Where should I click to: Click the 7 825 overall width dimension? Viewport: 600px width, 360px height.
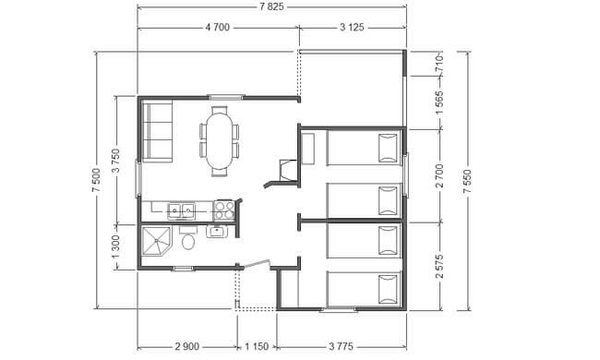point(271,6)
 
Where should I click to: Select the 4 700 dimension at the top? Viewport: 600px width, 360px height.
point(218,27)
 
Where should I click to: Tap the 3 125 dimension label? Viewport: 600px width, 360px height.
point(352,27)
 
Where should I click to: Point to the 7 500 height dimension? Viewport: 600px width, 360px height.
point(96,180)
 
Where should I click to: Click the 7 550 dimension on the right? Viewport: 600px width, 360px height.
point(468,181)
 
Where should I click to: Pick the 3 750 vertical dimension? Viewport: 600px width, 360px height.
point(116,161)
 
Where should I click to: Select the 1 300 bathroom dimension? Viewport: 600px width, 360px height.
point(116,246)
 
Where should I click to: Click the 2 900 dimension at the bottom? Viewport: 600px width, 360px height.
point(187,346)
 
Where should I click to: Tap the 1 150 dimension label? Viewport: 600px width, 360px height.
point(257,346)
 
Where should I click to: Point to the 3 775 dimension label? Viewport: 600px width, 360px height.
point(341,346)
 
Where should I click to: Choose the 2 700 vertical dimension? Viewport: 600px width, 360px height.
point(439,175)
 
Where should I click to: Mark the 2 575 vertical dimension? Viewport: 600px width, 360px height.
point(439,266)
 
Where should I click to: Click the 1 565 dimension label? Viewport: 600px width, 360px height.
point(439,102)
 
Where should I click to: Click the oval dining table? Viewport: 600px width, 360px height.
point(220,141)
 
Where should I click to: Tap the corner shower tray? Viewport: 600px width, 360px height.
point(156,241)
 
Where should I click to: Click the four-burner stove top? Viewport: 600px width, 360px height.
point(224,210)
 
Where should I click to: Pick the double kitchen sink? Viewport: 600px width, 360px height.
point(181,210)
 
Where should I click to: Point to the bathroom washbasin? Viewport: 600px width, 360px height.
point(217,232)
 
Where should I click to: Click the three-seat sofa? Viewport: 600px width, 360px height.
point(157,131)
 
